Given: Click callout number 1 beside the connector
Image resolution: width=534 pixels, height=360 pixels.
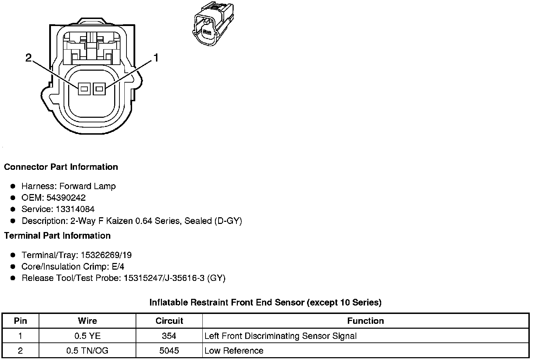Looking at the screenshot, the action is point(155,58).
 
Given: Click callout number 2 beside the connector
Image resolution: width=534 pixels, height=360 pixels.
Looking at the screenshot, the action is point(28,58).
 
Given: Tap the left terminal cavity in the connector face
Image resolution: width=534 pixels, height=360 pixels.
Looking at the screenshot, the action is point(84,89).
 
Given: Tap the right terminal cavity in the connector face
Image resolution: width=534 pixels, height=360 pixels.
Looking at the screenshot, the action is point(99,89).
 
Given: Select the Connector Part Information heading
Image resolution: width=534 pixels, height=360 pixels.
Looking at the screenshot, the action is point(61,167).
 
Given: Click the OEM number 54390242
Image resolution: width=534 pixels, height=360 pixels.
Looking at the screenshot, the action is point(66,198).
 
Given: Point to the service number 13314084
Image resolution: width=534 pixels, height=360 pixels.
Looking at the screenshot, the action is point(75,209).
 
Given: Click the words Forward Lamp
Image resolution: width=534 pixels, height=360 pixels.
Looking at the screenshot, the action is point(87,186).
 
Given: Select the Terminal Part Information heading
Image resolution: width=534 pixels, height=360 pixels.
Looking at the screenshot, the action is point(57,236).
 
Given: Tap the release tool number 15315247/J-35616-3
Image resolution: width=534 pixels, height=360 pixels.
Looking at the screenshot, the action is point(163,278).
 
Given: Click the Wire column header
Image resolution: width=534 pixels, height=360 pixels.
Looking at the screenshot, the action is point(87,321).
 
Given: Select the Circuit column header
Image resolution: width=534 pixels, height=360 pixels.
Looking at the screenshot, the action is point(169,321).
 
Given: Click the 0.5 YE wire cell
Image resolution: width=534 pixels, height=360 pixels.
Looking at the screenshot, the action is point(87,336).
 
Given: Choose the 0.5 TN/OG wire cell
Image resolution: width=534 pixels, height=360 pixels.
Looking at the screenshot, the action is point(87,351).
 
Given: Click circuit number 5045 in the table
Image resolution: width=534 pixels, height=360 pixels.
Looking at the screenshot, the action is point(169,351).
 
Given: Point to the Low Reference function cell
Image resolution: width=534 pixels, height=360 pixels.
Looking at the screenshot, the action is point(234,351).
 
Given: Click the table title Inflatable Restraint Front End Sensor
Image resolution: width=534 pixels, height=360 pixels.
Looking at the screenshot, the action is point(265,302).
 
